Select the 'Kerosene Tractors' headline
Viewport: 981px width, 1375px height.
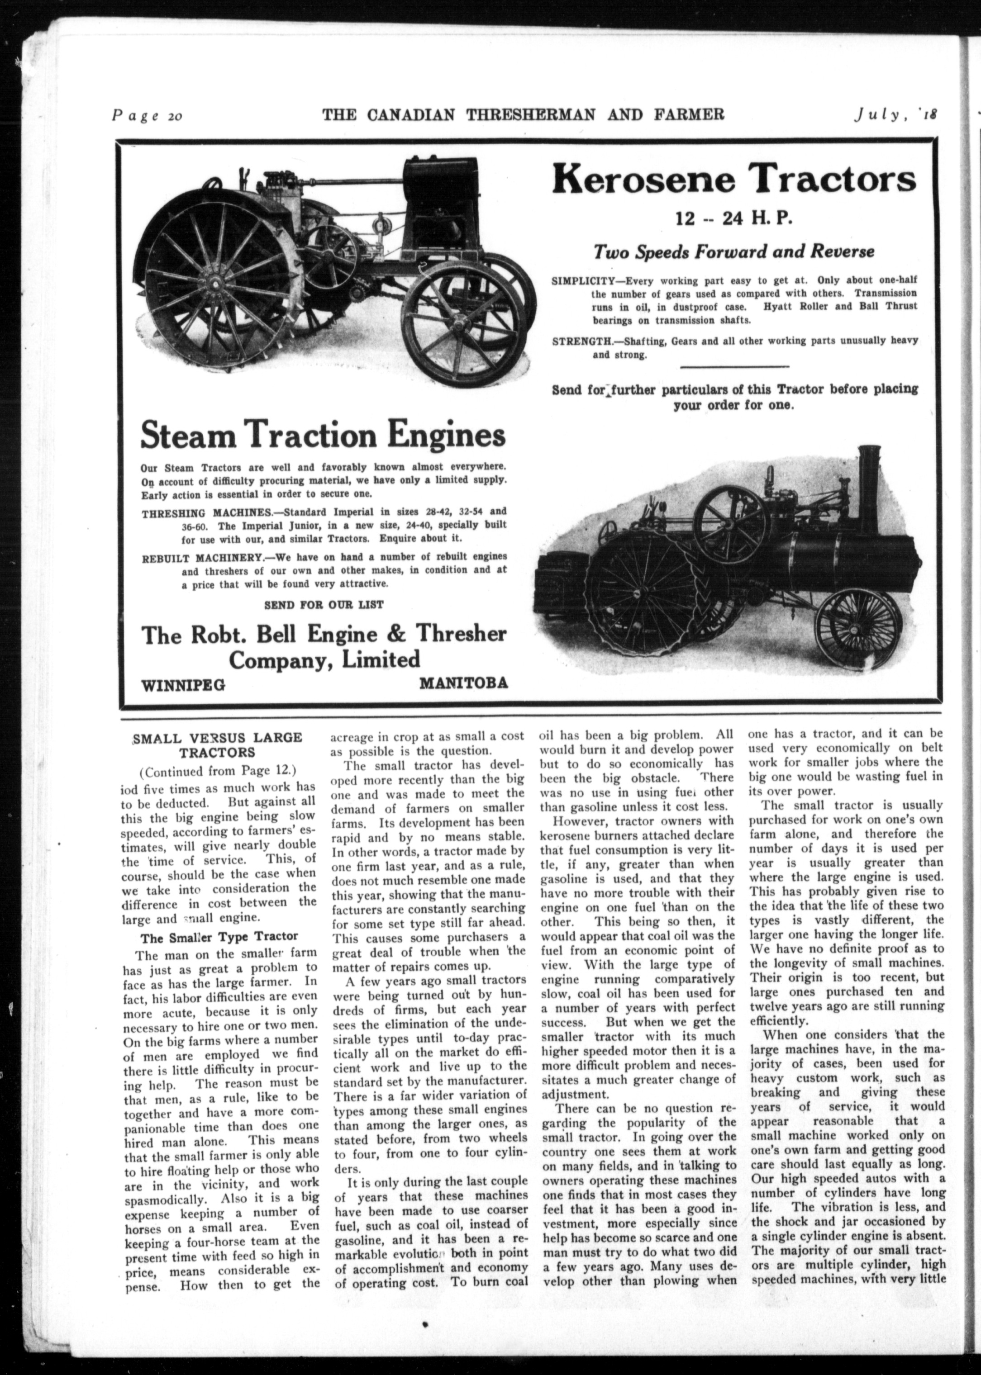point(733,180)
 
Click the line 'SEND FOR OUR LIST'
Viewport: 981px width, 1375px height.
point(324,604)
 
